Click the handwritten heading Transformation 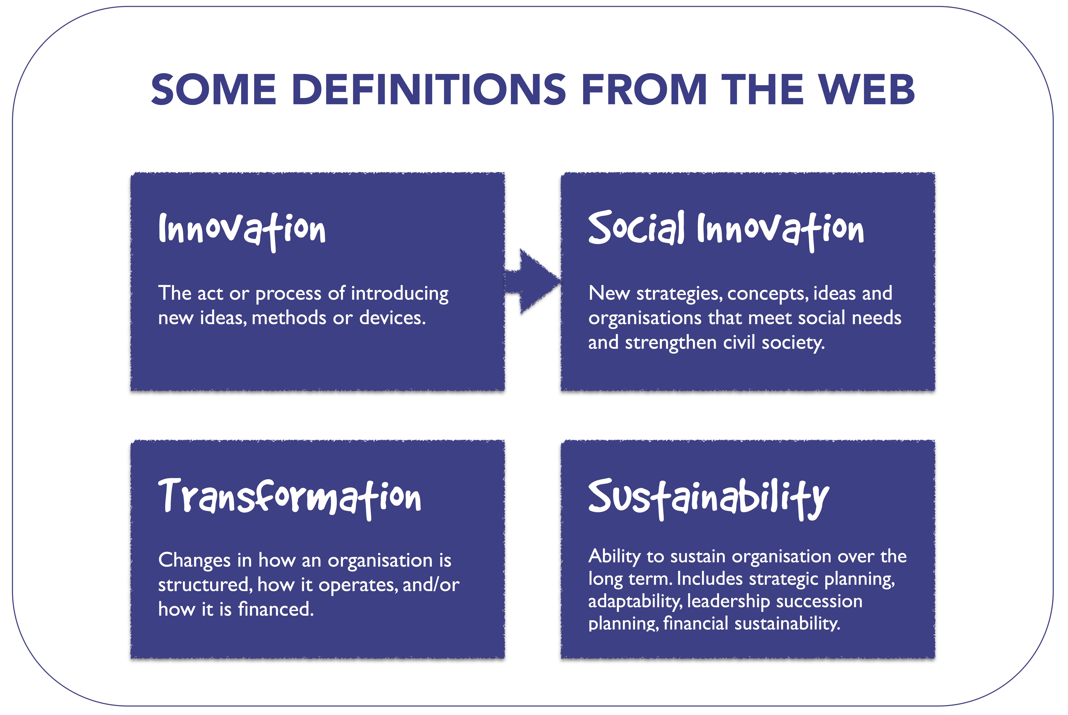[290, 498]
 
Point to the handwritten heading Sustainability [708, 498]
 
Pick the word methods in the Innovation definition [289, 317]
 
